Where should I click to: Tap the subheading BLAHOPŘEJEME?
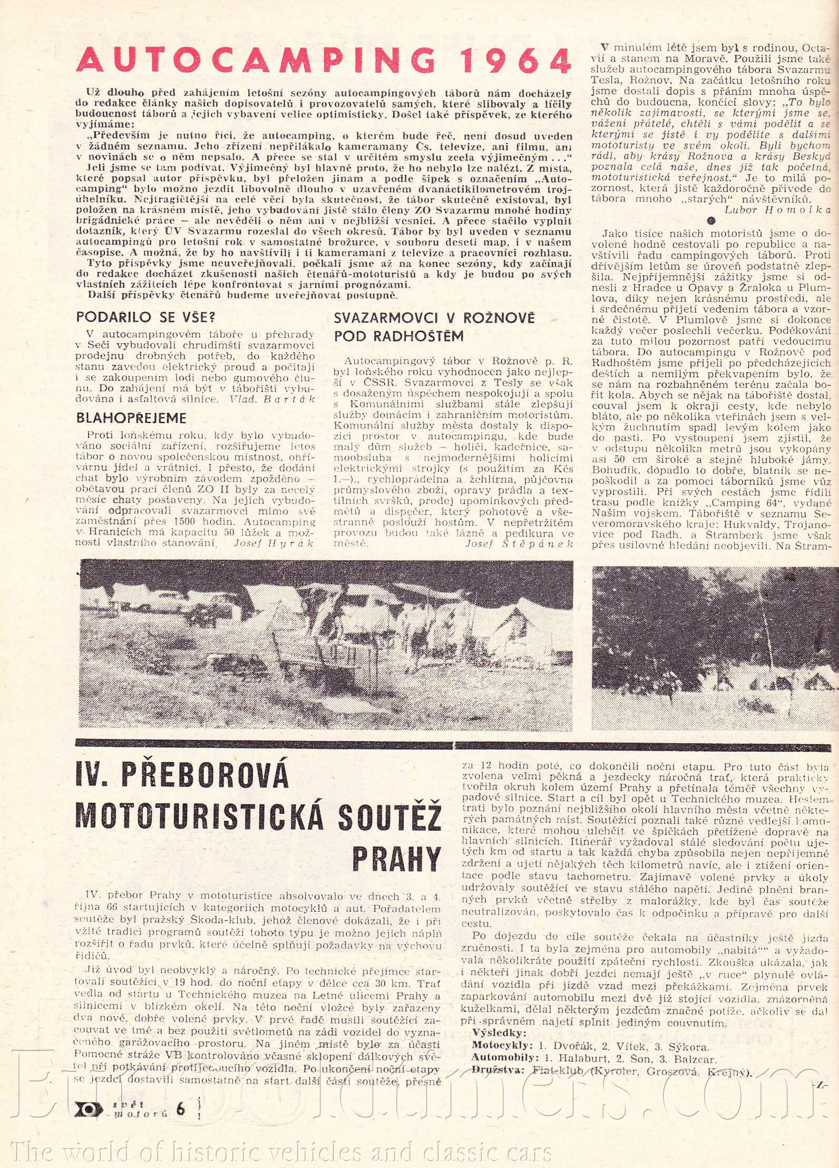[x=131, y=418]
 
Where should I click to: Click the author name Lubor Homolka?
[x=777, y=209]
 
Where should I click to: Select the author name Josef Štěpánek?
[x=519, y=543]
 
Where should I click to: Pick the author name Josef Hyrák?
[x=274, y=543]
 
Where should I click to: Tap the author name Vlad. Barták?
[x=272, y=399]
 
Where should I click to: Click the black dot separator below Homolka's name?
[x=711, y=221]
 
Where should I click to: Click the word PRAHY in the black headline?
[x=396, y=859]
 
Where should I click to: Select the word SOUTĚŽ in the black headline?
[x=388, y=817]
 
